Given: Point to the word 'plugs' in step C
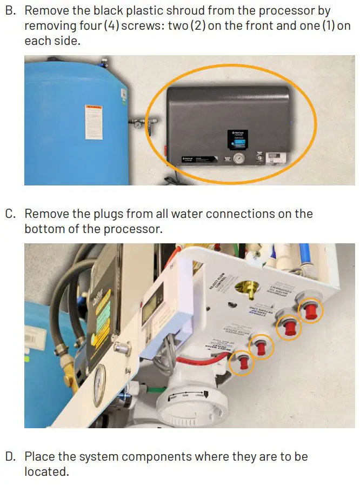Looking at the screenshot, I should click(x=94, y=214).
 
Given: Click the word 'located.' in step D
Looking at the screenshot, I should click(x=47, y=471).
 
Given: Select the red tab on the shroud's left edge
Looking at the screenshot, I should click(x=165, y=147).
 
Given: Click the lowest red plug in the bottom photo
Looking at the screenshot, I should click(x=242, y=361).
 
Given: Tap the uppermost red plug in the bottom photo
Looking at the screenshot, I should click(x=311, y=312).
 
